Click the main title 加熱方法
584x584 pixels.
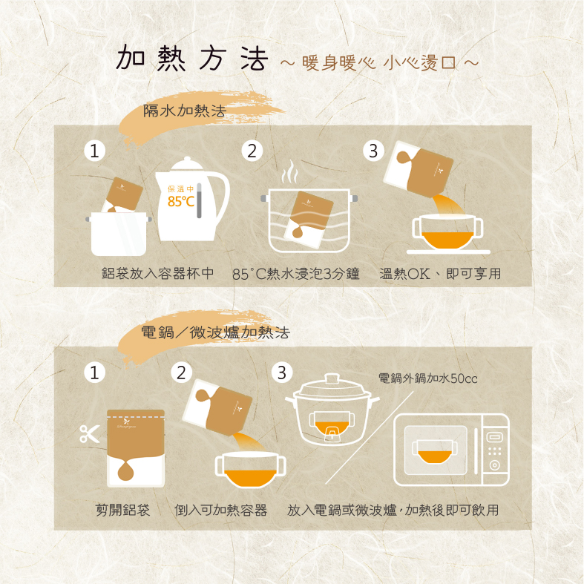[x=192, y=58]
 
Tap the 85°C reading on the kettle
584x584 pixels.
[x=180, y=202]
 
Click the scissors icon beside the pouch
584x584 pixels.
[x=90, y=434]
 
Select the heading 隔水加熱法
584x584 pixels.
[x=185, y=111]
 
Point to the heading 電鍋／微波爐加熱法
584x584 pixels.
[x=215, y=332]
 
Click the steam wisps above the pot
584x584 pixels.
[x=289, y=171]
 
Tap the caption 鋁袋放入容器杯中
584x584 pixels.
[x=157, y=273]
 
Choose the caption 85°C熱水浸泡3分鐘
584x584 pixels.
[x=296, y=274]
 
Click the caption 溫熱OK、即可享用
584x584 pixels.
[x=440, y=274]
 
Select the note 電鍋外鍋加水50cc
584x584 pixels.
[x=427, y=378]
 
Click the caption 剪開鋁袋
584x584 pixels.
[x=123, y=510]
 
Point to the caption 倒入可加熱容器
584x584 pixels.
[x=221, y=510]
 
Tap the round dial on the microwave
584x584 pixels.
[x=495, y=465]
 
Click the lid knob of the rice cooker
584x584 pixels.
[x=332, y=378]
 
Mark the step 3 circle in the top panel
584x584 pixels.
[x=373, y=151]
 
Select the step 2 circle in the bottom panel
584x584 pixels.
[x=181, y=373]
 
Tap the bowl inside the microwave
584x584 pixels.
[x=435, y=451]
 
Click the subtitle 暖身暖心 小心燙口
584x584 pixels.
[x=379, y=62]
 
